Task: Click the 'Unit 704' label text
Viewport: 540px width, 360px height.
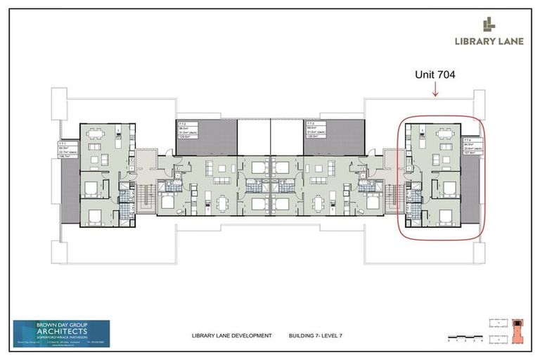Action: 436,72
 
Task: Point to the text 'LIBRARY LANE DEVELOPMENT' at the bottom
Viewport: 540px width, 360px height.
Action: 231,336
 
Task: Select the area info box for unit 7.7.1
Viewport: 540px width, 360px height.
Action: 68,150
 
